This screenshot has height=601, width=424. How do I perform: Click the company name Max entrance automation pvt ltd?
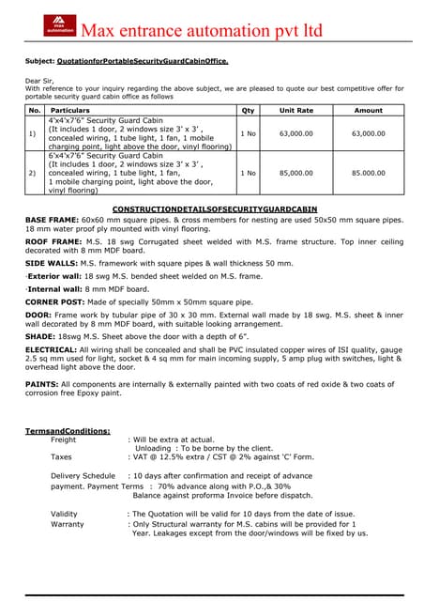click(x=203, y=30)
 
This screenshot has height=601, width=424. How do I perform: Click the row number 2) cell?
click(x=33, y=173)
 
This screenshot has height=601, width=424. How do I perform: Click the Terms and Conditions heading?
click(x=68, y=431)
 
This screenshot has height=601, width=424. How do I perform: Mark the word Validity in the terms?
click(x=64, y=514)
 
